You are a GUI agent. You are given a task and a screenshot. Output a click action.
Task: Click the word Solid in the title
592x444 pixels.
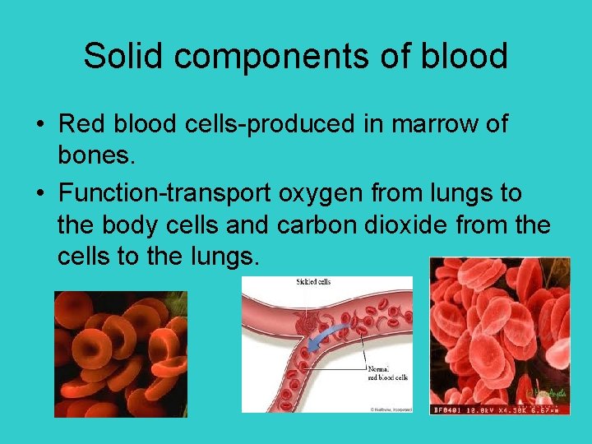click(121, 56)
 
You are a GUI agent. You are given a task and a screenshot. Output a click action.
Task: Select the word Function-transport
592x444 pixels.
click(153, 193)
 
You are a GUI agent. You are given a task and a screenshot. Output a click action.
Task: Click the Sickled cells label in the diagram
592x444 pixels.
click(315, 283)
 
